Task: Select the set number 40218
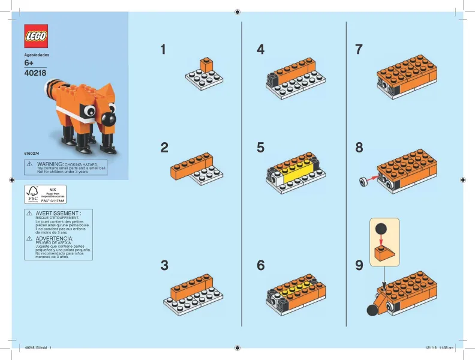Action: click(35, 73)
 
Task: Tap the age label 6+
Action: click(28, 63)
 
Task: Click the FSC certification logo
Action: click(32, 194)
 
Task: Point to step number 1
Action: click(164, 50)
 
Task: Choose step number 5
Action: click(260, 148)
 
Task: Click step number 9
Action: click(359, 265)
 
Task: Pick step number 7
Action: click(359, 50)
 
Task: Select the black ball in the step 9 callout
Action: click(381, 228)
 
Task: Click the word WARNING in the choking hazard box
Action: click(51, 163)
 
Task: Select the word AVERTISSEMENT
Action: click(58, 213)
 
